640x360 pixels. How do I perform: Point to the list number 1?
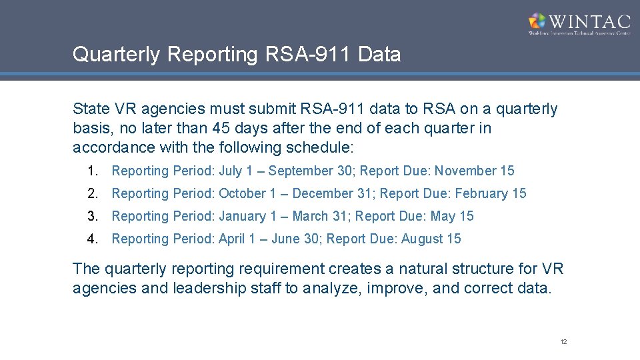point(91,171)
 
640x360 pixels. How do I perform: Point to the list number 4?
point(91,239)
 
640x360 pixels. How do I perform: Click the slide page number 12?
point(563,342)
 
